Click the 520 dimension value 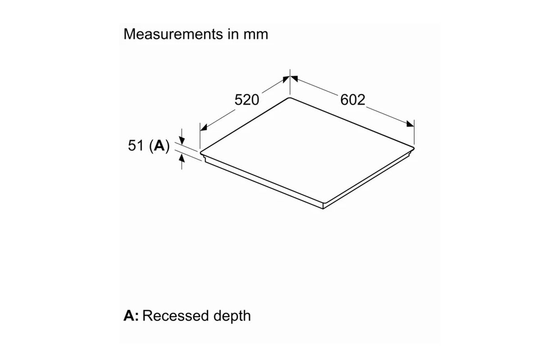pos(247,100)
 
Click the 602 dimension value pos(353,100)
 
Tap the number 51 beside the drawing pos(137,146)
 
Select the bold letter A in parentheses pos(158,146)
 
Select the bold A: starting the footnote pos(131,316)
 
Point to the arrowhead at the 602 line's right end pos(410,124)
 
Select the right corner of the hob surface pos(413,145)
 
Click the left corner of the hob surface pos(201,151)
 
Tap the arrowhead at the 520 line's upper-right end pos(286,79)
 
